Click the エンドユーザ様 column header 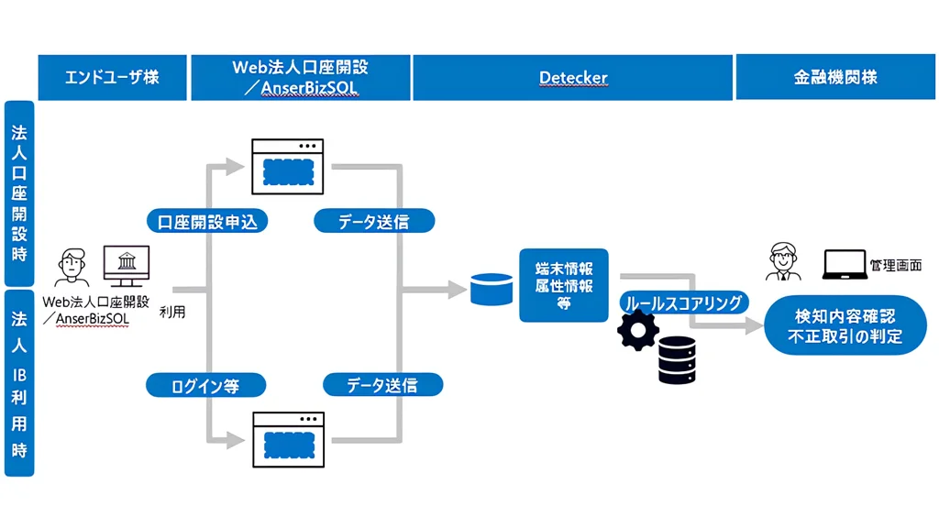112,78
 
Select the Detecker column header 572,78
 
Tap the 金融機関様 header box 835,78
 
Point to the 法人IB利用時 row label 19,383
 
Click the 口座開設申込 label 207,222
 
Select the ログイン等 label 205,386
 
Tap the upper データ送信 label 373,222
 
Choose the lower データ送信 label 381,385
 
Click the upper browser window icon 289,166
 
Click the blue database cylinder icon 492,290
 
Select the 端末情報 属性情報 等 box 564,285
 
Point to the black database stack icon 678,359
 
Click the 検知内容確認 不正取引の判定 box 845,326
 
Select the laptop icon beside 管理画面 842,266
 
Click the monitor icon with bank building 126,267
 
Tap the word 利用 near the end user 172,313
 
